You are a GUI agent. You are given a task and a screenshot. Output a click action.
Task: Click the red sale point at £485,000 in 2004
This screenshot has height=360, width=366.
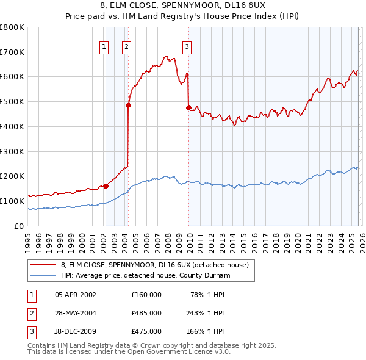[x=129, y=105]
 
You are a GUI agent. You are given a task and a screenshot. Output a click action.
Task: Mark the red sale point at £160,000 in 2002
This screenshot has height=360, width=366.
[x=106, y=186]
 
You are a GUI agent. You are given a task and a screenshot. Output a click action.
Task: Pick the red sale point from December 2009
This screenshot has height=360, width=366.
[x=188, y=107]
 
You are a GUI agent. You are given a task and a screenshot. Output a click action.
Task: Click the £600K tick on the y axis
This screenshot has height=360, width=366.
[x=12, y=77]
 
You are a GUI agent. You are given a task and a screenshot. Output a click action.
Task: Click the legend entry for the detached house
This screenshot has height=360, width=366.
[x=154, y=265]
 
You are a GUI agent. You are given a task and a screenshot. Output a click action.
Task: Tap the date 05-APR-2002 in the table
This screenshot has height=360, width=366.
[x=76, y=295]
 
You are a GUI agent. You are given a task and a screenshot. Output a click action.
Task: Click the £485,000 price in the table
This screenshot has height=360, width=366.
[x=146, y=313]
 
